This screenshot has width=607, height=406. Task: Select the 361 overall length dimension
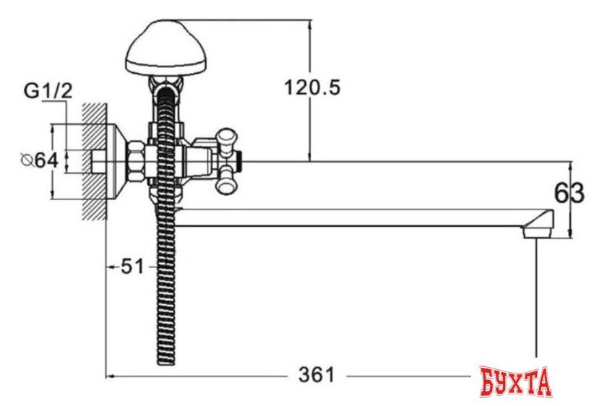click(317, 376)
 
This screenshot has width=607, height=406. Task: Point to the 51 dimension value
click(131, 267)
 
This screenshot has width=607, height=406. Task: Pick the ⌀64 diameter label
click(38, 160)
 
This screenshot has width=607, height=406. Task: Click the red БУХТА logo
click(515, 381)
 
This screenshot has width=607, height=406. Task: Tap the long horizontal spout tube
click(354, 217)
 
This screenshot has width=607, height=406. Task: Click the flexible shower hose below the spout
click(165, 289)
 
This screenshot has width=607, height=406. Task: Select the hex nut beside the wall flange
click(135, 160)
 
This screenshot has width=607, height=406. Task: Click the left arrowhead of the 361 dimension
click(111, 376)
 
